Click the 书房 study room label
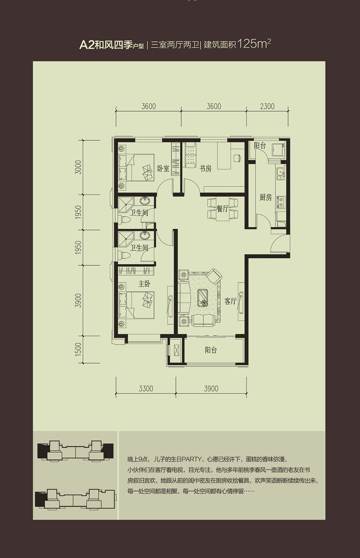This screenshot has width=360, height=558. [205, 168]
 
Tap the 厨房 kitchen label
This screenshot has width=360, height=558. [266, 198]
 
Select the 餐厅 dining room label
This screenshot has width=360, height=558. [222, 209]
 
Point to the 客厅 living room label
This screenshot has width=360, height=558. [230, 301]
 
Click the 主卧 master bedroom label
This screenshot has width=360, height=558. [144, 284]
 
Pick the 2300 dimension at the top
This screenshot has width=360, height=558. [267, 106]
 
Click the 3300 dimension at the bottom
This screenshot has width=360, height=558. [146, 388]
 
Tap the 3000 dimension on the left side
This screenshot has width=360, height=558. [78, 167]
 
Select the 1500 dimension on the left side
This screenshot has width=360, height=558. [78, 349]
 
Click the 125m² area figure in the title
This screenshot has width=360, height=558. [254, 44]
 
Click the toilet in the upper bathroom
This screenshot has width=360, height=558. [125, 220]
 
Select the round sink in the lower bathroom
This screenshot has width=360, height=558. [144, 235]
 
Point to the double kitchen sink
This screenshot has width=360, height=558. [280, 174]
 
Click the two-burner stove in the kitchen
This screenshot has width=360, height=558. [281, 202]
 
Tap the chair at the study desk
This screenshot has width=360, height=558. [237, 158]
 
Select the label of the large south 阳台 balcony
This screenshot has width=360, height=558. [211, 350]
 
